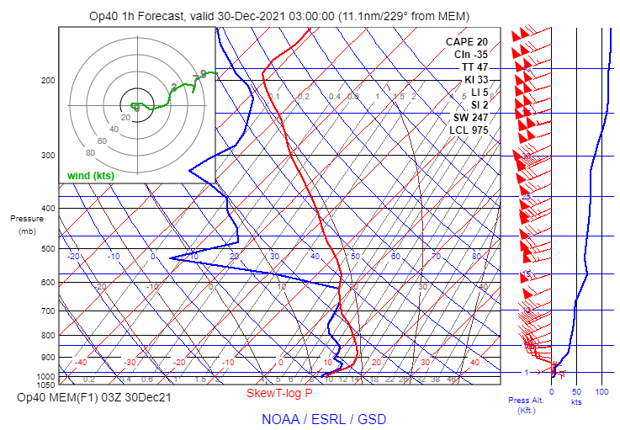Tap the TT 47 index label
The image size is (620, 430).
[474, 67]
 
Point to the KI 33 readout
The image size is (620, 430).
[476, 80]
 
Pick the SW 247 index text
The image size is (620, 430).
[469, 118]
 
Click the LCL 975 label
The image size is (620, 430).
[469, 130]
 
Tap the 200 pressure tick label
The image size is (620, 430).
[48, 80]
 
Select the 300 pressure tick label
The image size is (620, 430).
[48, 156]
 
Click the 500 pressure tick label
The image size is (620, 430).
[48, 249]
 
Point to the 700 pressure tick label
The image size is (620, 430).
[48, 311]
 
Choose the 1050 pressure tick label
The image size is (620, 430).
[45, 385]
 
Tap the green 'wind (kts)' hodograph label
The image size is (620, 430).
[92, 175]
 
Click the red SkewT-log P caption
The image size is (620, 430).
[279, 393]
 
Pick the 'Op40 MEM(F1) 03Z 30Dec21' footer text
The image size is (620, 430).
[94, 397]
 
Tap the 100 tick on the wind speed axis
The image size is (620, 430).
[601, 392]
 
